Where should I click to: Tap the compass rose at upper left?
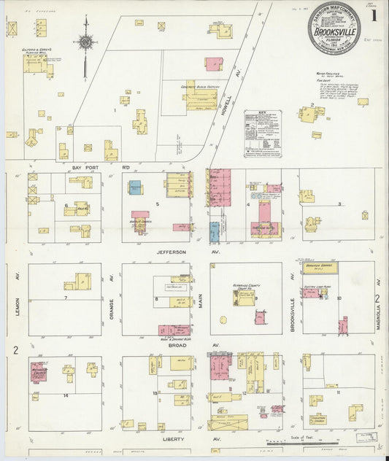click(x=87, y=42)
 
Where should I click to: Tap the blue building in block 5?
click(x=135, y=187)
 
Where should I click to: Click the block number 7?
click(x=65, y=298)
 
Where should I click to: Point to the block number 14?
click(x=65, y=395)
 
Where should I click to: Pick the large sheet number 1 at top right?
click(x=372, y=15)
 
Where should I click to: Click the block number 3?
click(x=339, y=204)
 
